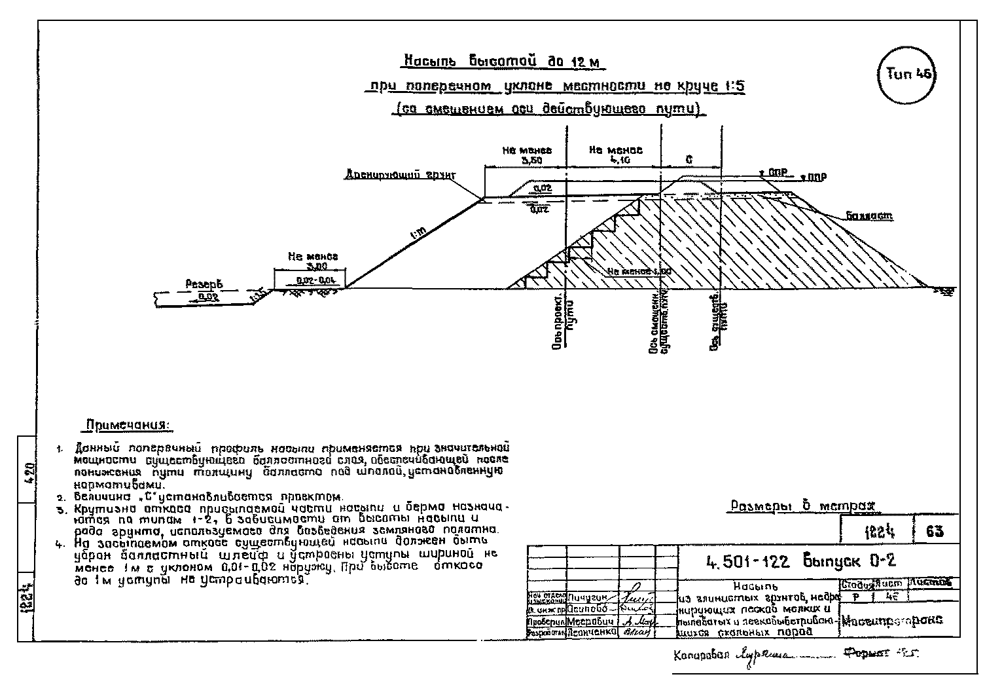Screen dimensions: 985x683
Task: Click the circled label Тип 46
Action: point(909,75)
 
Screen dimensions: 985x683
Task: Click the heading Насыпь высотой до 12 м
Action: point(502,62)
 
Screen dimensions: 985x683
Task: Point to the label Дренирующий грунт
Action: point(401,175)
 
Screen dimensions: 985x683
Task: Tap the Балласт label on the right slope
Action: point(869,215)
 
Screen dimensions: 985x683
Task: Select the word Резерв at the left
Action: point(204,284)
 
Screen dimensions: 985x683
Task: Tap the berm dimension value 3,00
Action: point(317,267)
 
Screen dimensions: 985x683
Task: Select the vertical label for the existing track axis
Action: point(719,321)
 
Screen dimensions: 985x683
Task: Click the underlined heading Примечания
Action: point(128,426)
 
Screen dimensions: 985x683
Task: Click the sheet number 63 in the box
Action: point(935,532)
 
